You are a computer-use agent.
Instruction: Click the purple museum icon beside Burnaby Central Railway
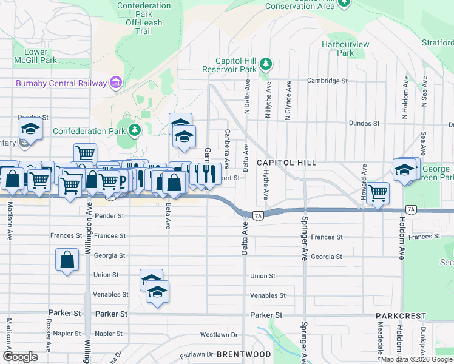115,83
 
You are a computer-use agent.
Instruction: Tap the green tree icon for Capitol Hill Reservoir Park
265,64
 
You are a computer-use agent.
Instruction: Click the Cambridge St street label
327,80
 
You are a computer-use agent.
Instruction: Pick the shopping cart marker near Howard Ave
378,194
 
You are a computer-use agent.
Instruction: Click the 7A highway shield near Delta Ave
257,215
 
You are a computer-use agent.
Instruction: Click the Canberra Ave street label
227,148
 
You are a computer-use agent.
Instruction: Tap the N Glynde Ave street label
289,101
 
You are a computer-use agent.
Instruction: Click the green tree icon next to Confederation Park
134,130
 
